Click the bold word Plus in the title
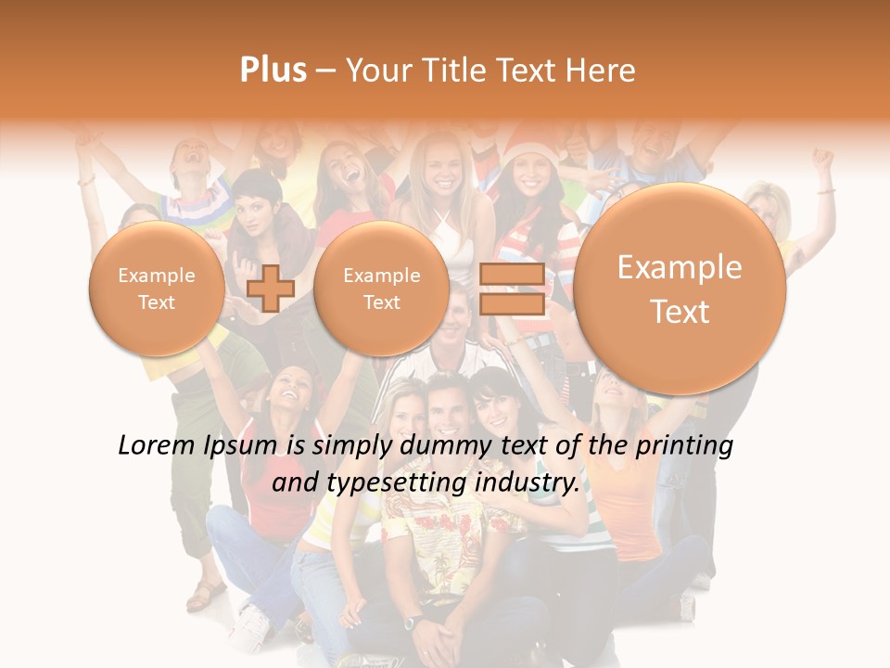click(x=273, y=71)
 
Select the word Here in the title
click(x=604, y=71)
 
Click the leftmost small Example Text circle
click(x=156, y=289)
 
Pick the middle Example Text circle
click(x=381, y=289)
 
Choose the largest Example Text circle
click(x=680, y=289)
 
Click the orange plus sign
click(x=271, y=289)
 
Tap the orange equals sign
click(x=512, y=289)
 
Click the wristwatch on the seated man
click(x=412, y=620)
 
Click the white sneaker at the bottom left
click(x=249, y=623)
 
